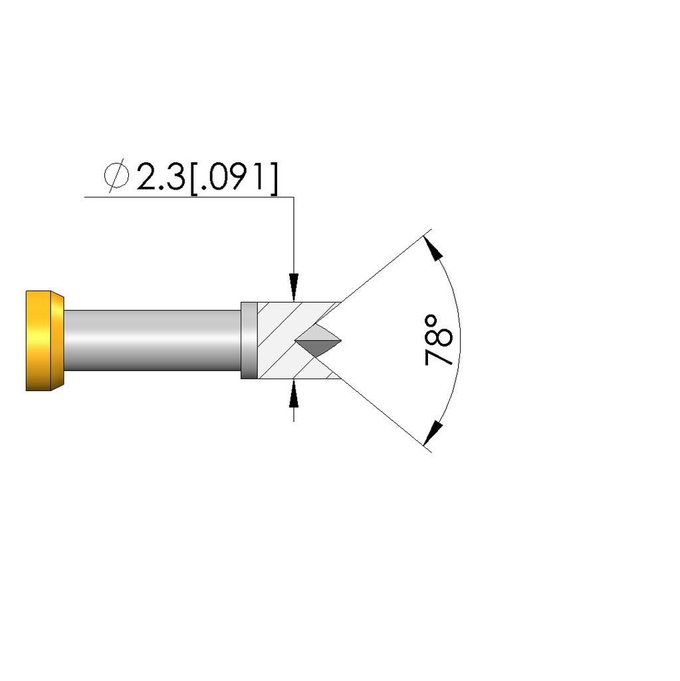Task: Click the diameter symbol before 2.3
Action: coord(116,176)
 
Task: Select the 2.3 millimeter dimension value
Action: coord(161,177)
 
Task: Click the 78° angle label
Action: coord(438,340)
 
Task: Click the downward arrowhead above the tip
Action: coord(294,287)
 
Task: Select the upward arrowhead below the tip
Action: coord(294,393)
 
